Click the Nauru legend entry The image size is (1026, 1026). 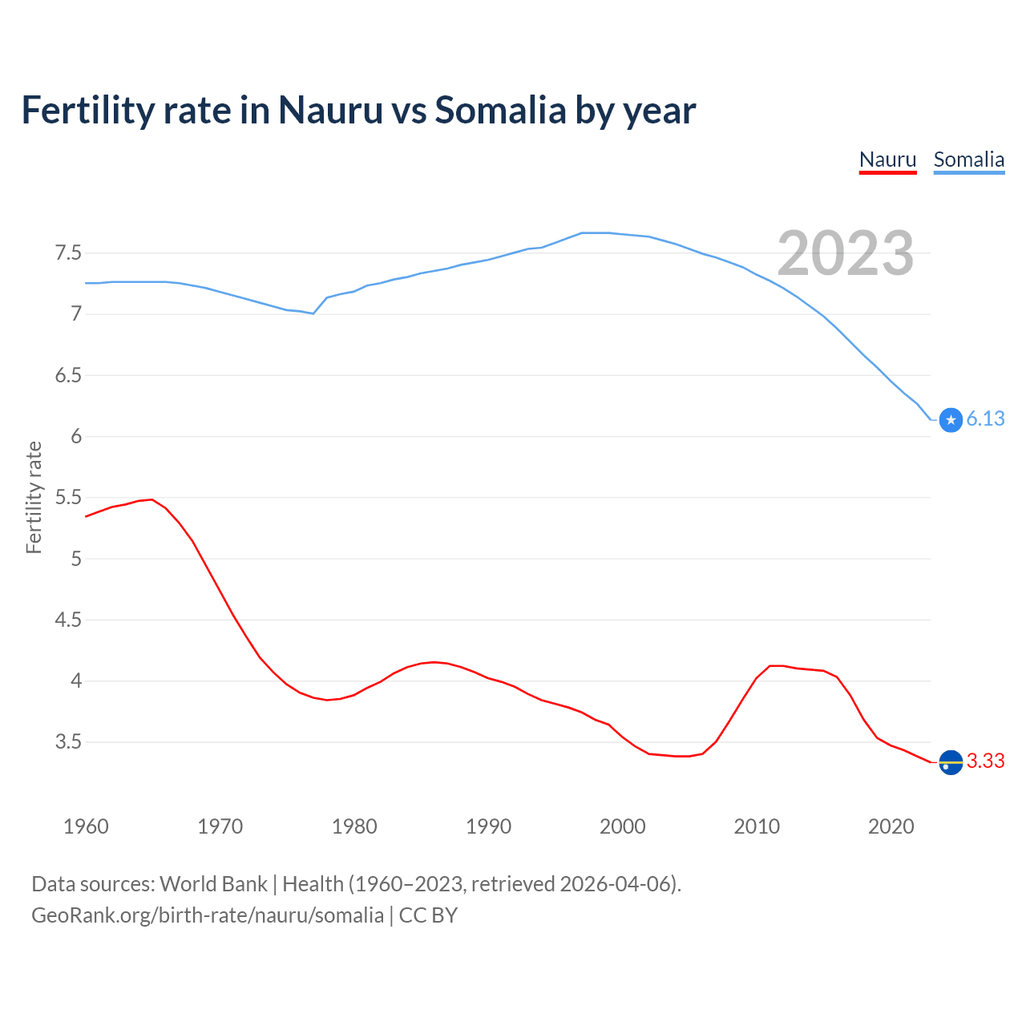tap(887, 160)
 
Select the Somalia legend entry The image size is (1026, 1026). tap(968, 160)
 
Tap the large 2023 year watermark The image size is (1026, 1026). tap(846, 253)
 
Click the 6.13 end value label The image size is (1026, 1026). tap(985, 419)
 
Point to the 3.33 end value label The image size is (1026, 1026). tap(985, 761)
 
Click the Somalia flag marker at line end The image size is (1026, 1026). tap(951, 420)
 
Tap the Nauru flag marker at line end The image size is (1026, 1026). tap(951, 762)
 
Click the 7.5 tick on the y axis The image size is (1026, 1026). tap(68, 253)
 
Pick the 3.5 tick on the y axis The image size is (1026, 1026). tap(68, 742)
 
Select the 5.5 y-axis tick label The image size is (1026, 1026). tap(68, 498)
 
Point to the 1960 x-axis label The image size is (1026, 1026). tap(86, 826)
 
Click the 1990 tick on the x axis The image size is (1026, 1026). tap(488, 826)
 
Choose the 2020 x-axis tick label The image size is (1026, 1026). tap(891, 826)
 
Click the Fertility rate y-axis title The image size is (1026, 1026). tap(34, 497)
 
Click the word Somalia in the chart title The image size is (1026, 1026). tap(500, 110)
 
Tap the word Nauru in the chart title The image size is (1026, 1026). tap(330, 110)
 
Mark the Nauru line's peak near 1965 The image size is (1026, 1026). tap(151, 499)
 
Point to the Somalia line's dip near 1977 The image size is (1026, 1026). tap(313, 313)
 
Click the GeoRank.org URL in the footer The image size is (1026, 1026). tap(208, 915)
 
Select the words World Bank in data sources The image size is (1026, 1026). tap(213, 884)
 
